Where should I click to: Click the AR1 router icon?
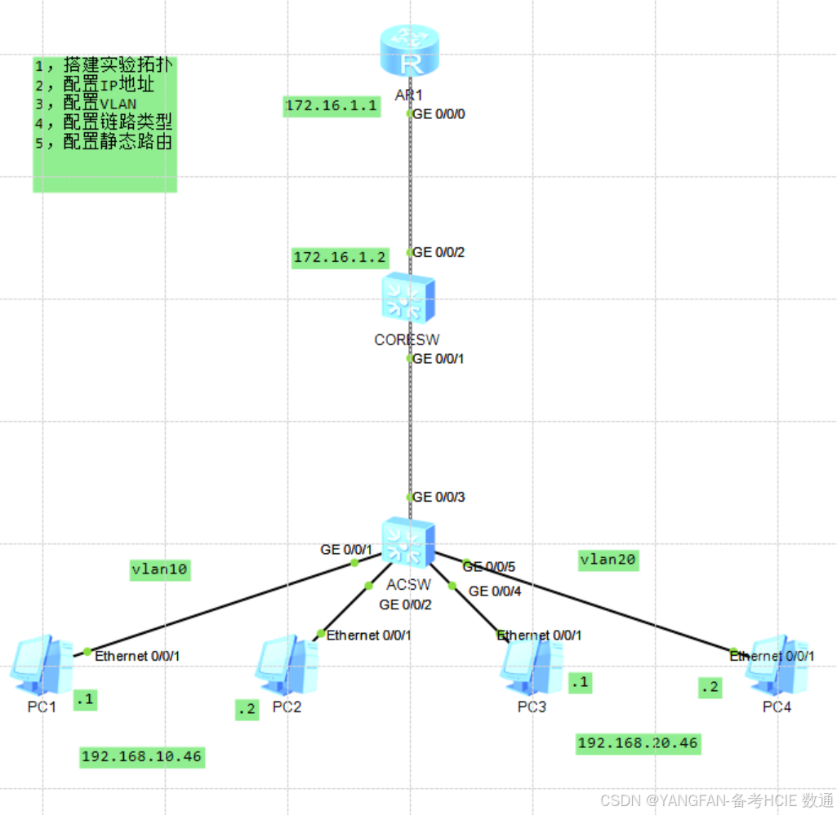pyautogui.click(x=409, y=52)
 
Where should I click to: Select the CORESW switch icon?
pyautogui.click(x=408, y=299)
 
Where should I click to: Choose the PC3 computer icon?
pyautogui.click(x=532, y=662)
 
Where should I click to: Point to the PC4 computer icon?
pyautogui.click(x=776, y=662)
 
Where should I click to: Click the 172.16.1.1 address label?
pyautogui.click(x=332, y=106)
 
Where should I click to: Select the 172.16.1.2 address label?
pyautogui.click(x=340, y=258)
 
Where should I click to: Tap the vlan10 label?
pyautogui.click(x=160, y=569)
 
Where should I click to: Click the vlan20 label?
pyautogui.click(x=608, y=560)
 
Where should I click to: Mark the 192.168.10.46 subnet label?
pyautogui.click(x=141, y=756)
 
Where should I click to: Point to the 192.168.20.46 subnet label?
pyautogui.click(x=638, y=743)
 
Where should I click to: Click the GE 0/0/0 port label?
pyautogui.click(x=440, y=114)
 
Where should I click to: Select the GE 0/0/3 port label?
pyautogui.click(x=440, y=497)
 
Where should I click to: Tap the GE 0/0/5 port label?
pyautogui.click(x=490, y=566)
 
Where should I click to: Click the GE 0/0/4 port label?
pyautogui.click(x=495, y=591)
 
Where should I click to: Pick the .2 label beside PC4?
pyautogui.click(x=710, y=688)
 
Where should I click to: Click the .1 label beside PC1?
pyautogui.click(x=85, y=699)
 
